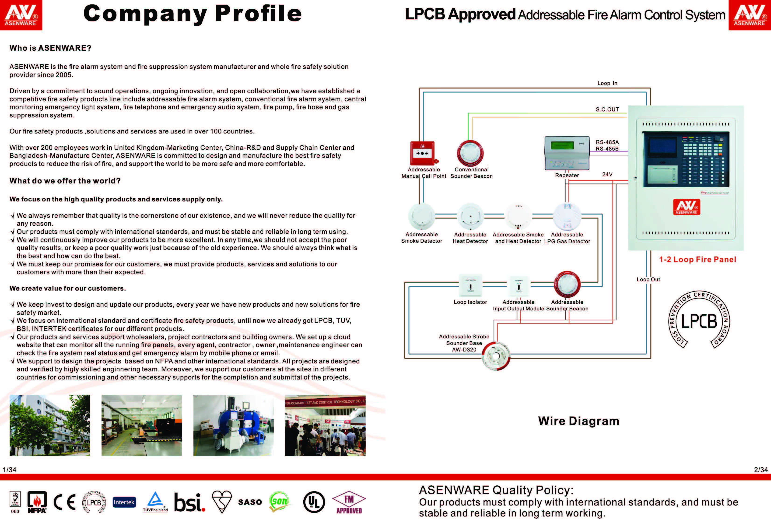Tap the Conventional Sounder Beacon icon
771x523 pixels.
(470, 153)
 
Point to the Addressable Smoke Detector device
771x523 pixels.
(421, 216)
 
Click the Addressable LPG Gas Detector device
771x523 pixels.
(567, 216)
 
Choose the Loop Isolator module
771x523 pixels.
(470, 285)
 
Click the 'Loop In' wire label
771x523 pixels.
(607, 83)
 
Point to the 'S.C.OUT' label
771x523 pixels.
(607, 109)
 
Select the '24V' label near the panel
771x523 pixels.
(607, 174)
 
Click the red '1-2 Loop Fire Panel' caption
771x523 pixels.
(697, 260)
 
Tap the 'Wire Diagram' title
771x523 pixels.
(578, 421)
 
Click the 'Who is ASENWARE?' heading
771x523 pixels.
(50, 48)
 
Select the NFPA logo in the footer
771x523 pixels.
(37, 502)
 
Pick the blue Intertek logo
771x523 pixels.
(124, 502)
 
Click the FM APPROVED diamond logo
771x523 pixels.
(349, 502)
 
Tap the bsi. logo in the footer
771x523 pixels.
(189, 502)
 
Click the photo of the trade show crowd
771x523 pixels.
(325, 425)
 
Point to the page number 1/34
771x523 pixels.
(9, 470)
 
